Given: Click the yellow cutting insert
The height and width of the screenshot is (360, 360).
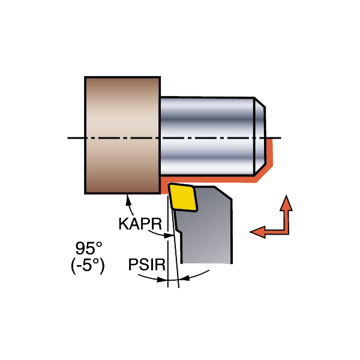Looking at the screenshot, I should pyautogui.click(x=184, y=197).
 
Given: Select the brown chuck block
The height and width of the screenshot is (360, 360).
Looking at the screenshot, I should pyautogui.click(x=122, y=135).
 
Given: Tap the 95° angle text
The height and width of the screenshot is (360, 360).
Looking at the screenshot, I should pyautogui.click(x=89, y=247).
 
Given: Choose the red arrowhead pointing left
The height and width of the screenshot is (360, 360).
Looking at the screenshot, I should pyautogui.click(x=257, y=232).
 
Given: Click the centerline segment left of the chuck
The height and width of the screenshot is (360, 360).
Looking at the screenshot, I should pyautogui.click(x=75, y=139).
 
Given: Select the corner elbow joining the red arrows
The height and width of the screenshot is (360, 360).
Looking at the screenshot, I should pyautogui.click(x=287, y=230).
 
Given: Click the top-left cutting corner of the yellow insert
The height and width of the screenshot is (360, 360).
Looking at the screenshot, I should pyautogui.click(x=170, y=187).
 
